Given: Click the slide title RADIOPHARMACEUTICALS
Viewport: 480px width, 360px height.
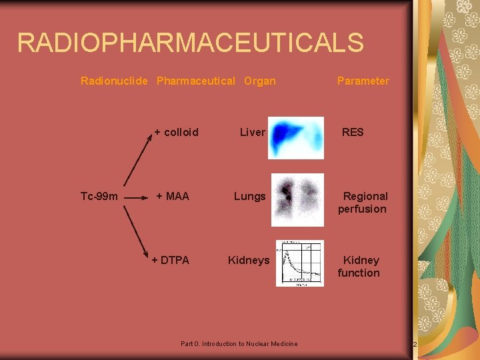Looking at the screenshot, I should pyautogui.click(x=191, y=43).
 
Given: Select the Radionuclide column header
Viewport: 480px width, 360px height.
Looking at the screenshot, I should pyautogui.click(x=115, y=81).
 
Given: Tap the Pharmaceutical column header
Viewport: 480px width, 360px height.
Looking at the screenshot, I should pyautogui.click(x=195, y=81).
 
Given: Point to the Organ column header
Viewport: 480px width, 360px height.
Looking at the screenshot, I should pyautogui.click(x=259, y=81).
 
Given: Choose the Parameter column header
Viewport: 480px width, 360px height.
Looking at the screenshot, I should pyautogui.click(x=363, y=81).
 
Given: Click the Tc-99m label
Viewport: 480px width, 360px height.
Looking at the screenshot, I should pyautogui.click(x=99, y=196).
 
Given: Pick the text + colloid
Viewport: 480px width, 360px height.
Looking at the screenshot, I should pyautogui.click(x=176, y=132).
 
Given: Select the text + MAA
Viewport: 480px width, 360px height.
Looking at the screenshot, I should pyautogui.click(x=173, y=196).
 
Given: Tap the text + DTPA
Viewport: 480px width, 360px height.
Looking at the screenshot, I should pyautogui.click(x=170, y=260).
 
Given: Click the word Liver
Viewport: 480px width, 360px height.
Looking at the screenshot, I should pyautogui.click(x=252, y=132).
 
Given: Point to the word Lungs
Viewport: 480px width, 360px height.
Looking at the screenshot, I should pyautogui.click(x=249, y=196).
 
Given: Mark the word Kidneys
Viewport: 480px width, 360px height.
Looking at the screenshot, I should pyautogui.click(x=249, y=260).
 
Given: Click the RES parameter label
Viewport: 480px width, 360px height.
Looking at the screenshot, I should pyautogui.click(x=353, y=132).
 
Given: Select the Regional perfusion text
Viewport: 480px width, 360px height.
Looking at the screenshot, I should pyautogui.click(x=363, y=202).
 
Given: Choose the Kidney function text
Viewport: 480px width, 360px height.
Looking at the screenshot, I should pyautogui.click(x=359, y=266).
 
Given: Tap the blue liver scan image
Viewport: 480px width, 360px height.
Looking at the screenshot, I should pyautogui.click(x=296, y=137).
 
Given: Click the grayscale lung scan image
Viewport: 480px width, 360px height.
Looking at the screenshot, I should pyautogui.click(x=297, y=200).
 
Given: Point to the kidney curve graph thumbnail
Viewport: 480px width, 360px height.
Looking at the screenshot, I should pyautogui.click(x=299, y=263).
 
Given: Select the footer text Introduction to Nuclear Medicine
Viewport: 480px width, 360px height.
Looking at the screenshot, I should pyautogui.click(x=239, y=344).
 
